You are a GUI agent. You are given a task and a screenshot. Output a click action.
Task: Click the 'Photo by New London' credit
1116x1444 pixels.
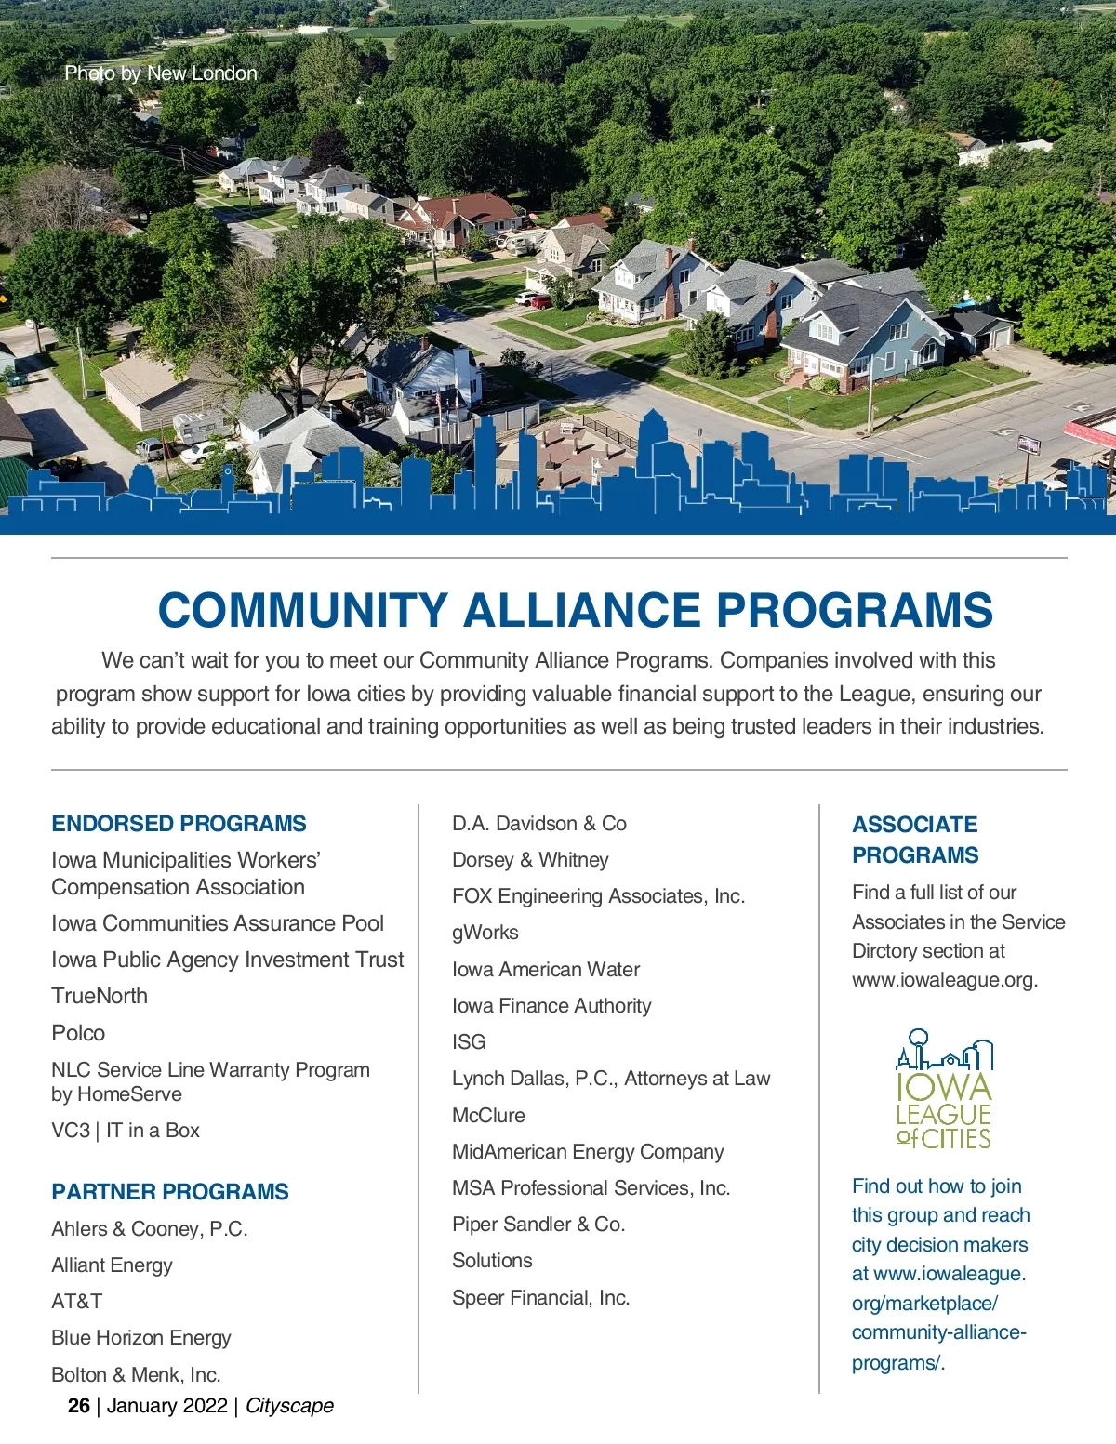[x=161, y=73]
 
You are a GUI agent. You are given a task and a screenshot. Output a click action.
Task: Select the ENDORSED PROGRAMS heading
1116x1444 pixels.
[x=179, y=824]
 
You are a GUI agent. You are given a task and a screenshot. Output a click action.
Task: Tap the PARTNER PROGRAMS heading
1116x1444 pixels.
[x=170, y=1192]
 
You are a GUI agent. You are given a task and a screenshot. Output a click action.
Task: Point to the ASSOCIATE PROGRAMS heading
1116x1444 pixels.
[x=915, y=840]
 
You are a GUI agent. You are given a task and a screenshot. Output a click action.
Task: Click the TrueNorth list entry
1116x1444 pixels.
[x=100, y=996]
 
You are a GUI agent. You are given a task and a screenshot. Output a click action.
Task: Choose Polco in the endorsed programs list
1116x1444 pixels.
[x=78, y=1033]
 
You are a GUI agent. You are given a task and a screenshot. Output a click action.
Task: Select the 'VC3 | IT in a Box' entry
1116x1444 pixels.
[x=126, y=1131]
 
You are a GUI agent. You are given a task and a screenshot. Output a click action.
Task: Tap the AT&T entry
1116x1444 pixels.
[x=77, y=1302]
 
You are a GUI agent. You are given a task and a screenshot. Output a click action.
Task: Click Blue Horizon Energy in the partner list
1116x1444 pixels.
[x=141, y=1338]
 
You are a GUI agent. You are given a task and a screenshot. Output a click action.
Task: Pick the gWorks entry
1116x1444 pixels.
[x=485, y=933]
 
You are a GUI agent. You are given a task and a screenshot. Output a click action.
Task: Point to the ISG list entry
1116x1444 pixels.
[x=469, y=1042]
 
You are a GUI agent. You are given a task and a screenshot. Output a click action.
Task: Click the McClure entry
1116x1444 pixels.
[x=488, y=1116]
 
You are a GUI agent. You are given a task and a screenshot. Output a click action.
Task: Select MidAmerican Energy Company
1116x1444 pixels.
[x=588, y=1152]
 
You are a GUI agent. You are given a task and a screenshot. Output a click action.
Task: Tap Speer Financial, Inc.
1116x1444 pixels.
[x=540, y=1298]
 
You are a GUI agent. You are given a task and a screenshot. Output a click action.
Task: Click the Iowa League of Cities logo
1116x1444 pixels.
[x=944, y=1089]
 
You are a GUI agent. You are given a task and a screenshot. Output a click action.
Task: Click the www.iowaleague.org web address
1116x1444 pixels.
[x=945, y=980]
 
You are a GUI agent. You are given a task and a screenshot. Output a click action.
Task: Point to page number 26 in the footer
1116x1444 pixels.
[x=79, y=1406]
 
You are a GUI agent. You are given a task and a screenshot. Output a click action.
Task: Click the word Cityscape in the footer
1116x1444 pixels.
[x=289, y=1406]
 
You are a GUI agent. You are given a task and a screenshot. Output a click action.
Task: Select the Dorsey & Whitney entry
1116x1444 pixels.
[x=530, y=860]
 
